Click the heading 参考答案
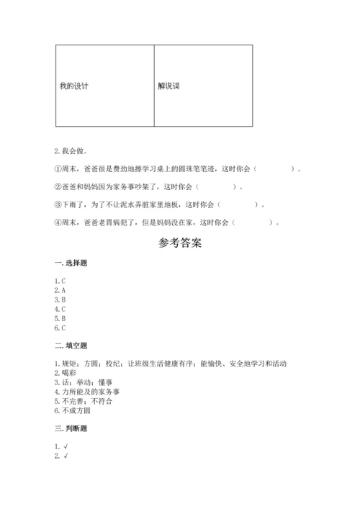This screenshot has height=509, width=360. point(180,243)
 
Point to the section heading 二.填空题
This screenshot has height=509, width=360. point(71,346)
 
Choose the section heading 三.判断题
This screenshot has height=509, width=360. point(71,428)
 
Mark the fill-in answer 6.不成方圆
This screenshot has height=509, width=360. point(74,410)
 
